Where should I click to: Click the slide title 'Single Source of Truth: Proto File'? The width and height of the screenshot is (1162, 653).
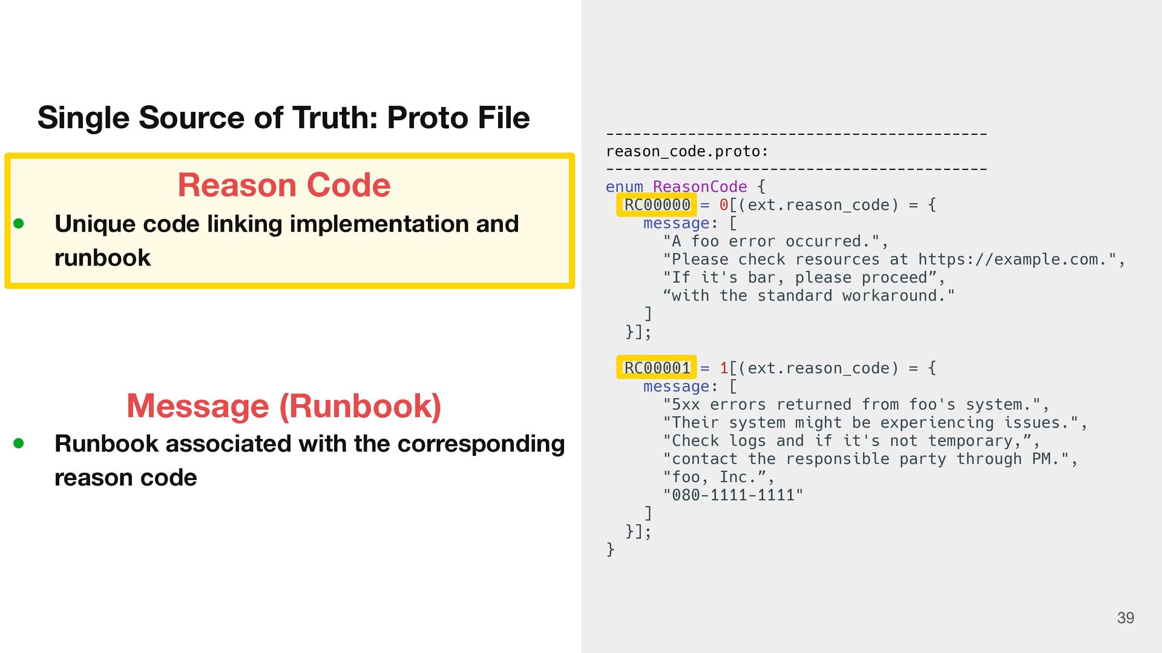(x=283, y=117)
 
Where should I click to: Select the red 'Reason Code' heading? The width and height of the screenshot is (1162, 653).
(x=283, y=185)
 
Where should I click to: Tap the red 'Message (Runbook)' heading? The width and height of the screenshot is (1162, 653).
(x=283, y=406)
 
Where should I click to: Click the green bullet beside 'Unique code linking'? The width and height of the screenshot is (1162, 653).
(x=19, y=224)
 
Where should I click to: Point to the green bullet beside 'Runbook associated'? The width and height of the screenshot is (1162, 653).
(x=19, y=443)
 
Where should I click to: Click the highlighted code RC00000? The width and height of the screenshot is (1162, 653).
(x=657, y=205)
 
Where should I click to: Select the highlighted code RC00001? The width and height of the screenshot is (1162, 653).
(x=657, y=368)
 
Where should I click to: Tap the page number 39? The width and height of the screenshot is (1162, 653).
(x=1125, y=618)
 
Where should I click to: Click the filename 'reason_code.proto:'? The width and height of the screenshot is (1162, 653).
(x=687, y=151)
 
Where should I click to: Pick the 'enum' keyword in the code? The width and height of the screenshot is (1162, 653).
(x=624, y=187)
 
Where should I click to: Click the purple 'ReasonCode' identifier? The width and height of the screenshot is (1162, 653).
(x=700, y=187)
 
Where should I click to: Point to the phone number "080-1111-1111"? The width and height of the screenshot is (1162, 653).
(x=733, y=495)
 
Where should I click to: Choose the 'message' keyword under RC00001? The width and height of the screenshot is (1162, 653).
(x=676, y=386)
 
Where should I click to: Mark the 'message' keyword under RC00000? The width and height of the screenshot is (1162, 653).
(x=676, y=223)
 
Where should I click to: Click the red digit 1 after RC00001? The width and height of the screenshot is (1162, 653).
(x=724, y=368)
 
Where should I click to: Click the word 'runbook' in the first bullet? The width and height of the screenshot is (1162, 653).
(x=102, y=258)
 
